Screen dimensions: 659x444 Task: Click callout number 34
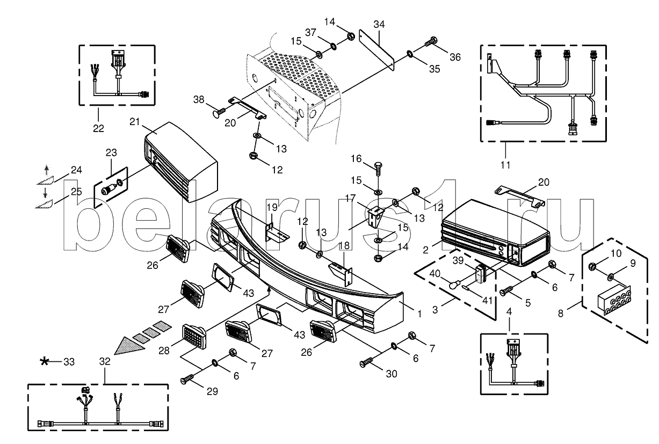(x=379, y=24)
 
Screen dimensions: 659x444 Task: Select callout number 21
(x=134, y=121)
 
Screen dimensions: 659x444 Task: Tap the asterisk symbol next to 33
(x=45, y=361)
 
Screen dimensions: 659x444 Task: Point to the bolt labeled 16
(x=378, y=167)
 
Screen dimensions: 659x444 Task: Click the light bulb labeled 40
(x=454, y=285)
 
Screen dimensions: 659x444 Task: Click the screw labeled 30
(x=366, y=361)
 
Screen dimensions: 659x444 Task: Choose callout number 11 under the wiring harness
(x=505, y=165)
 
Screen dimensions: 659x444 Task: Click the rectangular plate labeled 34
(x=377, y=50)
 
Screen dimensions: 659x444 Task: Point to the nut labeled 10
(x=592, y=267)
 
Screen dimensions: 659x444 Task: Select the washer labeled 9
(x=611, y=276)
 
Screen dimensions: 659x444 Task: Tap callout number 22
(x=98, y=128)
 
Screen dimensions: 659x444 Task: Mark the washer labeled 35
(x=409, y=54)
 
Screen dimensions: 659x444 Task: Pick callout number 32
(x=105, y=361)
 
